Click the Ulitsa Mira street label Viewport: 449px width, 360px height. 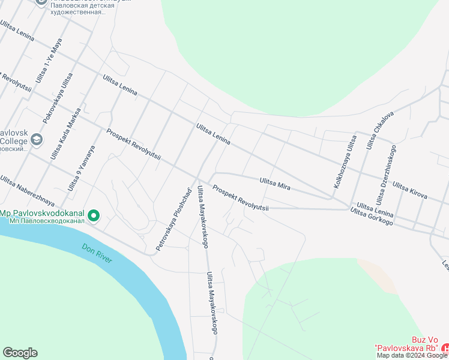[x=275, y=184]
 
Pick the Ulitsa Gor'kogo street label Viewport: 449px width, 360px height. [x=371, y=217]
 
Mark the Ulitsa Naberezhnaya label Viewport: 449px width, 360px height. [x=27, y=190]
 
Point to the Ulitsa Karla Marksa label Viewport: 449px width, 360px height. [x=65, y=136]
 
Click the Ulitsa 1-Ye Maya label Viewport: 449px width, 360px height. [x=49, y=60]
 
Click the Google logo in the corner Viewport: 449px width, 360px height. [x=20, y=353]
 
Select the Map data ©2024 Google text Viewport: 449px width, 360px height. [x=412, y=355]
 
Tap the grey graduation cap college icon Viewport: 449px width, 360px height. [x=36, y=140]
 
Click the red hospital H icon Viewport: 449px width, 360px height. [x=445, y=349]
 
